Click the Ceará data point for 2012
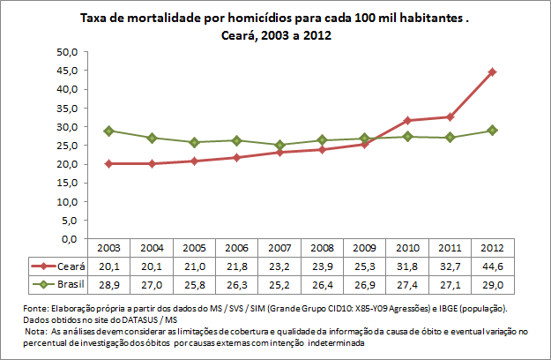493,71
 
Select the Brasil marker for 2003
109,131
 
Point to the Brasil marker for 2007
279,145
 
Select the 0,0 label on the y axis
70,239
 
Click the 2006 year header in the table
237,248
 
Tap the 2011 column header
450,248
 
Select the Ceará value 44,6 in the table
493,266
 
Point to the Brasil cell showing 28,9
109,284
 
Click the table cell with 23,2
279,266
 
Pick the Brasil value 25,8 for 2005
195,284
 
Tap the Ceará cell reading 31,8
407,266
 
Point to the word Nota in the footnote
40,331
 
